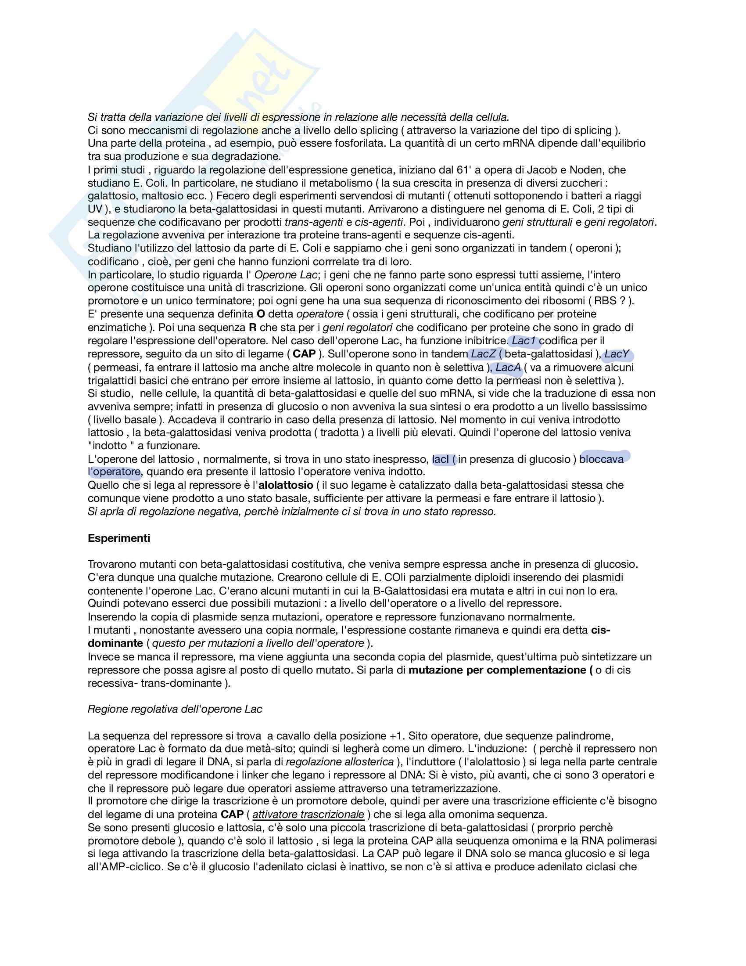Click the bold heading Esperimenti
coord(118,538)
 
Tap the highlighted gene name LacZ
coord(483,354)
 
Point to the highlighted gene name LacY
coord(617,354)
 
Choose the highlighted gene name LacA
coord(508,368)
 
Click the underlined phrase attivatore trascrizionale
coord(308,815)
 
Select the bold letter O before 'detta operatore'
coord(261,314)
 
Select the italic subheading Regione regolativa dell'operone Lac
coord(175,710)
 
